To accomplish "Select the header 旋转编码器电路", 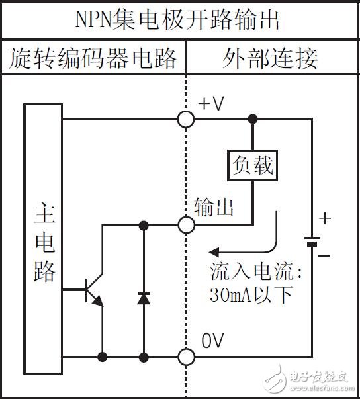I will click(93, 59).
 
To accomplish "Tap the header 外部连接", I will click(269, 59).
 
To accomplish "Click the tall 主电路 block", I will click(44, 238).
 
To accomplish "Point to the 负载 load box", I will click(251, 166).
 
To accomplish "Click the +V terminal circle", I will click(187, 119).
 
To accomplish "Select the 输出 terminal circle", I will click(187, 225).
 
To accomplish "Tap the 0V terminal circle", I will click(187, 357).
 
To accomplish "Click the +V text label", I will click(212, 103).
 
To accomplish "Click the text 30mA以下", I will click(251, 294).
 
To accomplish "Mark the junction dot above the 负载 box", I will click(251, 119).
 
